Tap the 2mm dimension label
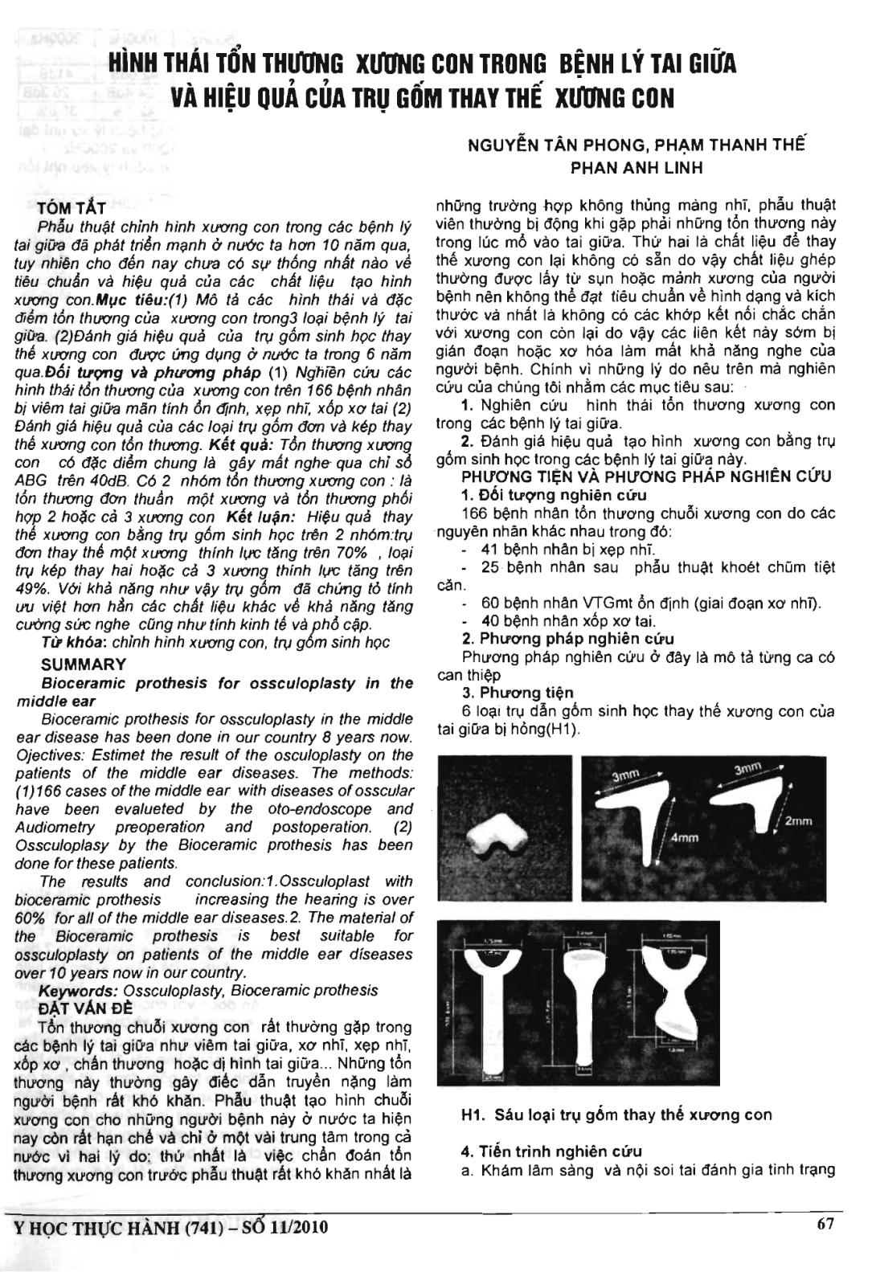click(800, 820)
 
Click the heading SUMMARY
click(83, 664)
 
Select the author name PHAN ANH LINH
click(637, 169)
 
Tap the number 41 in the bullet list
click(490, 550)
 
